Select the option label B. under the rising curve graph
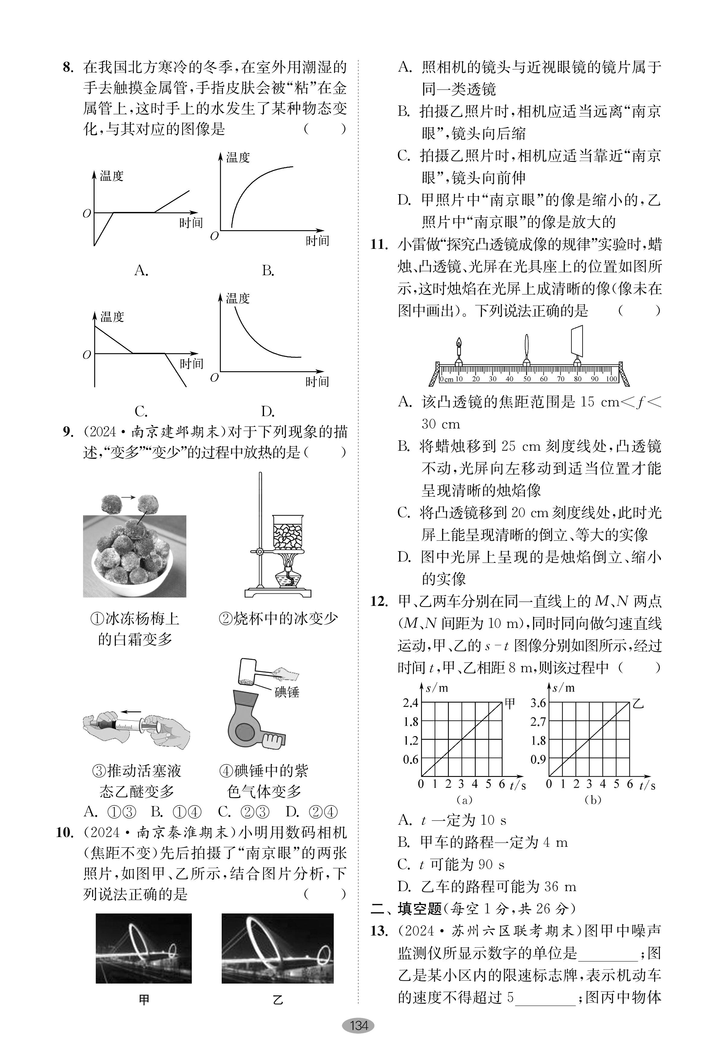click(x=268, y=271)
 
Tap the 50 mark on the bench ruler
click(x=527, y=379)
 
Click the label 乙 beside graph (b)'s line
click(x=638, y=703)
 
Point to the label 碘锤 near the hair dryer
click(x=287, y=692)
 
